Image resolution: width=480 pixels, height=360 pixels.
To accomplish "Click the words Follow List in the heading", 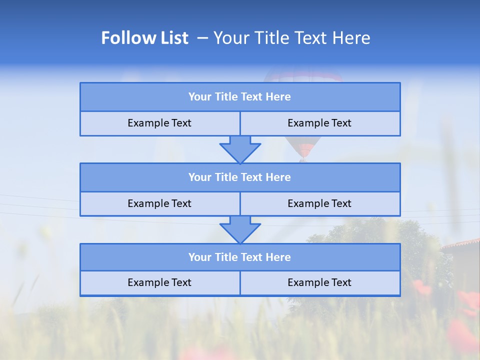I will click(144, 38).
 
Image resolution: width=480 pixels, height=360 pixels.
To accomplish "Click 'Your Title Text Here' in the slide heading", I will click(291, 38).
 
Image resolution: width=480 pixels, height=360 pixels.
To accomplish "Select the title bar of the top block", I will click(240, 97).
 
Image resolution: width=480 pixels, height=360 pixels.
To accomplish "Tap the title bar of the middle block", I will click(240, 177).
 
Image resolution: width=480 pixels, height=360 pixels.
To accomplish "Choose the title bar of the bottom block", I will click(240, 257).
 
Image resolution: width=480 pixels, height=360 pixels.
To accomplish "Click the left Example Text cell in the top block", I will click(159, 123).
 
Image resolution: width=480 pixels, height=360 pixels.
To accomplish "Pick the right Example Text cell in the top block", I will click(320, 123).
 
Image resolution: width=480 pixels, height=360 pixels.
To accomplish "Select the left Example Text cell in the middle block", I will click(159, 204).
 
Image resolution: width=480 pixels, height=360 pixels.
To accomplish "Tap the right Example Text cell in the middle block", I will click(320, 204).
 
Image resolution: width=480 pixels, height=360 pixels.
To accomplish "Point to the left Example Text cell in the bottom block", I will click(159, 283).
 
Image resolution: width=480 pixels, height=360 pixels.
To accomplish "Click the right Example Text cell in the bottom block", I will click(320, 283).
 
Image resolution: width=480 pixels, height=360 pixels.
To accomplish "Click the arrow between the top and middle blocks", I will click(240, 149).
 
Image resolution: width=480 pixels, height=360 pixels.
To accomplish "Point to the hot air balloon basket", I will click(302, 159).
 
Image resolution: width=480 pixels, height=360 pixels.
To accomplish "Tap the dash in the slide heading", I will click(202, 38).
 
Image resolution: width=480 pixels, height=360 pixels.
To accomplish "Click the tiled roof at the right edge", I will click(462, 244).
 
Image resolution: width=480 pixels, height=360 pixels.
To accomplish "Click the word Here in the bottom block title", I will click(278, 257).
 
